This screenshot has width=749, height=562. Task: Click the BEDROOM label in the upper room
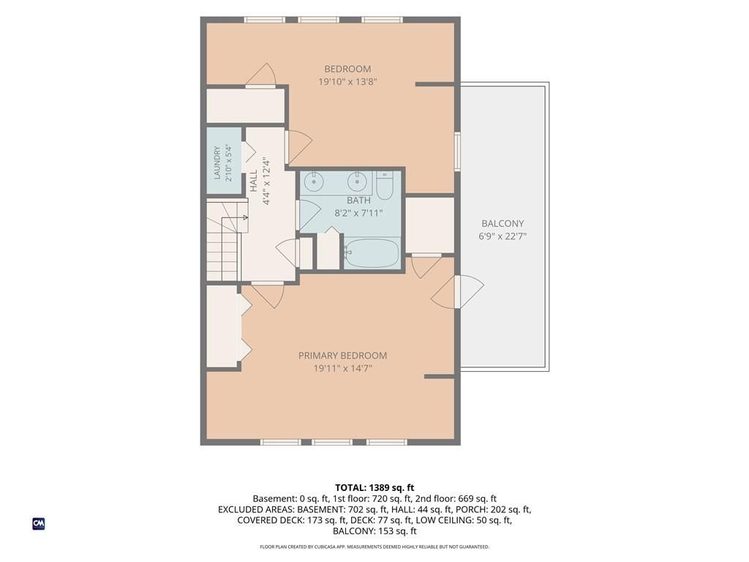pos(347,69)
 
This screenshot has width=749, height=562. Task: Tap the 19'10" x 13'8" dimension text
pos(347,82)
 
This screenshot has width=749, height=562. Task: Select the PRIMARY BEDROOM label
pos(342,356)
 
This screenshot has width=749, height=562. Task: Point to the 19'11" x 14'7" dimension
pos(342,369)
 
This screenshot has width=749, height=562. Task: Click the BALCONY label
pos(503,223)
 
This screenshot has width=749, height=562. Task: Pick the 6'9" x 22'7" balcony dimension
pos(503,236)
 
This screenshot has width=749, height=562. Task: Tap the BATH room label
pos(358,201)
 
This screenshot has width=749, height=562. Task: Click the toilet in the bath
pos(384,187)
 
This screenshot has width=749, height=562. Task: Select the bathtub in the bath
pos(371,252)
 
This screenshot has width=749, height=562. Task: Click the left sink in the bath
pos(313,181)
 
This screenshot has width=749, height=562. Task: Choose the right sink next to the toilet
pos(357,181)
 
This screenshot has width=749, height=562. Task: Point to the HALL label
pos(254,181)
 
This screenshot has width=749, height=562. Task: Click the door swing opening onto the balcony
pos(458,291)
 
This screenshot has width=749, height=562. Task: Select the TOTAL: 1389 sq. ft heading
pos(374,487)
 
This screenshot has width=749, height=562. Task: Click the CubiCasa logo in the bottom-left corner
pos(39,524)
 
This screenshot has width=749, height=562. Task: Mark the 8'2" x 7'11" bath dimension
pos(358,213)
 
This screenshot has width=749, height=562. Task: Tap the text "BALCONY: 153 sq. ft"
pos(374,531)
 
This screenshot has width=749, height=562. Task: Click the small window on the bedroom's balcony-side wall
pos(457,151)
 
